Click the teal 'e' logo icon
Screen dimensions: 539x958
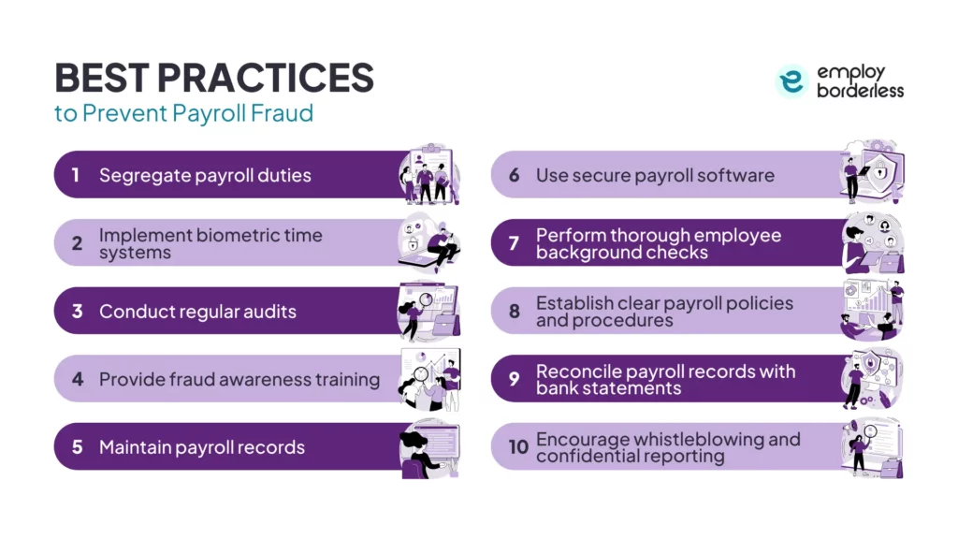791,81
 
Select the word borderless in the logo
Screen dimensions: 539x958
860,90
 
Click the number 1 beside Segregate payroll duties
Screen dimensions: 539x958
76,175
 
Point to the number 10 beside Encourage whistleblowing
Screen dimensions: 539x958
518,447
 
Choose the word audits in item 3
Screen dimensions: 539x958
268,312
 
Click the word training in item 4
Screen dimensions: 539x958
342,379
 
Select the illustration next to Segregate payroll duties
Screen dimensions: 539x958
429,174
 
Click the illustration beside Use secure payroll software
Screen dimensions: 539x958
871,172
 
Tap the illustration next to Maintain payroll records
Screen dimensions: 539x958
429,447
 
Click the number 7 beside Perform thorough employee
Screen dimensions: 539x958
514,243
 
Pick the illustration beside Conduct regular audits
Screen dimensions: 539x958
429,311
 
